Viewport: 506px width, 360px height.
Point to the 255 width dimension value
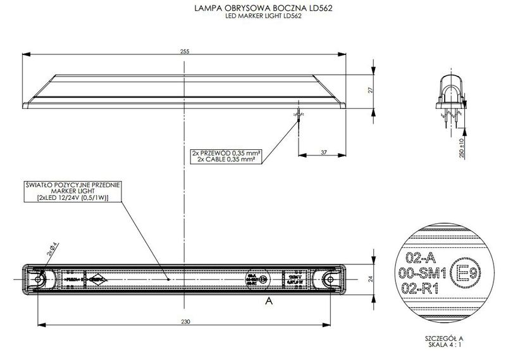coord(184,51)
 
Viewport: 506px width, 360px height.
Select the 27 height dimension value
coord(371,90)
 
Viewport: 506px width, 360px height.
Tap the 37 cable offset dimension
coord(323,152)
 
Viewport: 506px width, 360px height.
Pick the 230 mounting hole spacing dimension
coord(184,322)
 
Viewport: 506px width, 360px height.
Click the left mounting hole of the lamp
coord(39,279)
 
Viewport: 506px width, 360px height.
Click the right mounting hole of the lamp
coord(328,279)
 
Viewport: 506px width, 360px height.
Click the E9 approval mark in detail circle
coord(464,273)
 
